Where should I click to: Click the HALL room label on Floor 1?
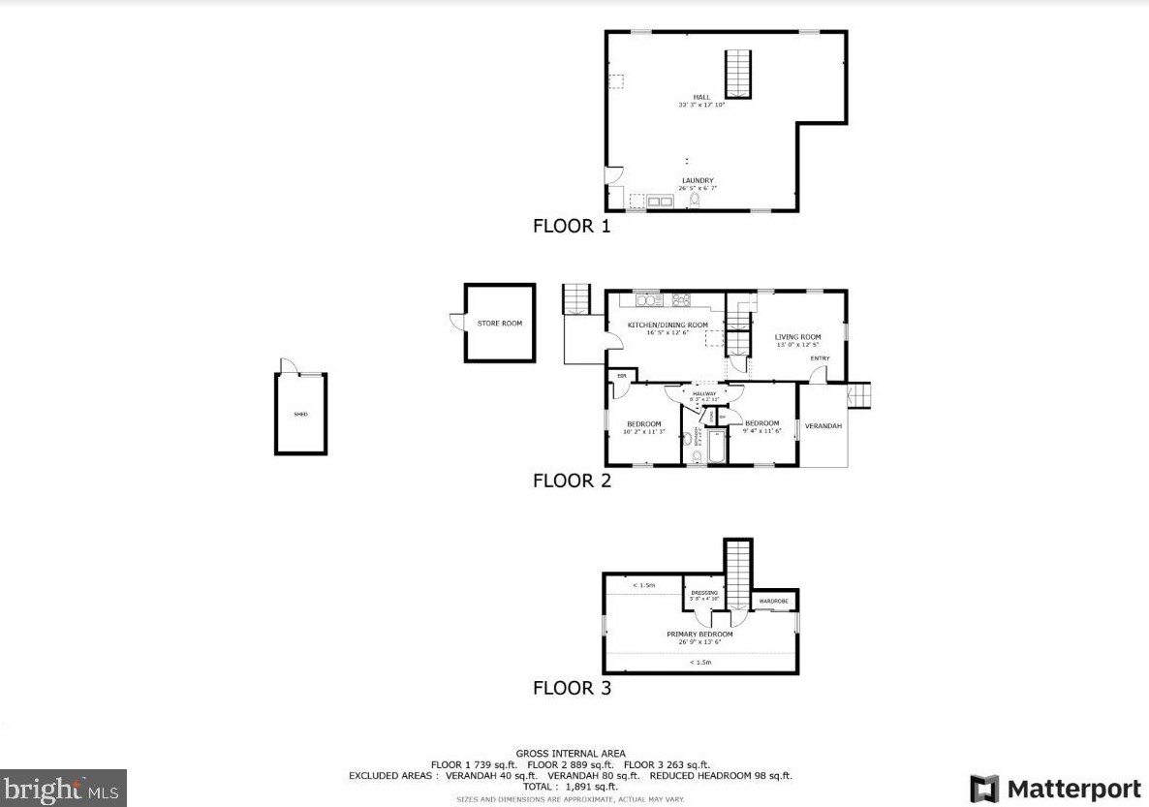tap(701, 97)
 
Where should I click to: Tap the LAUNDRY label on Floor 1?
tap(697, 180)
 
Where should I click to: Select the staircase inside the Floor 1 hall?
tap(738, 74)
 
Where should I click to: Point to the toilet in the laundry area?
tap(694, 201)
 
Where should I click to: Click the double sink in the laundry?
tap(662, 202)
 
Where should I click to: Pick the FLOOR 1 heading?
tap(572, 227)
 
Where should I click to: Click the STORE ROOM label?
tap(499, 323)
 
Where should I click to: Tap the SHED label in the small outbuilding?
tap(300, 415)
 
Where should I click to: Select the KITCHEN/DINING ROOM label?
tap(668, 325)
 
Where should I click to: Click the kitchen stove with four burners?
tap(681, 299)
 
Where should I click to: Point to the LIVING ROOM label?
tap(797, 337)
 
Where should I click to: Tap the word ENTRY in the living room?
tap(820, 358)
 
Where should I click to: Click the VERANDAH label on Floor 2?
tap(823, 426)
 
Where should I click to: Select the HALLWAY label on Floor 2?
tap(703, 393)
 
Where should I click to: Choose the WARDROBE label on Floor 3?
tap(773, 602)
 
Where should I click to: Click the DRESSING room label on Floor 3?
tap(704, 593)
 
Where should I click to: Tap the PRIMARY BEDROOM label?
tap(699, 635)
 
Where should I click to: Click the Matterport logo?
tap(1055, 787)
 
